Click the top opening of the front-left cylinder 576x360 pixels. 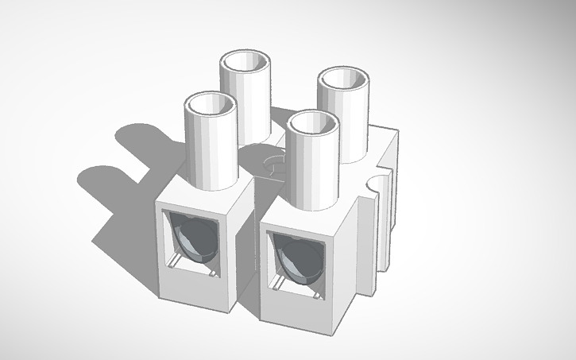click(211, 104)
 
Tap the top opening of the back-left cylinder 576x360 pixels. click(247, 62)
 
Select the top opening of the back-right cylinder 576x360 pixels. click(344, 80)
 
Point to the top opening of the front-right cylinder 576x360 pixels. click(314, 123)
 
